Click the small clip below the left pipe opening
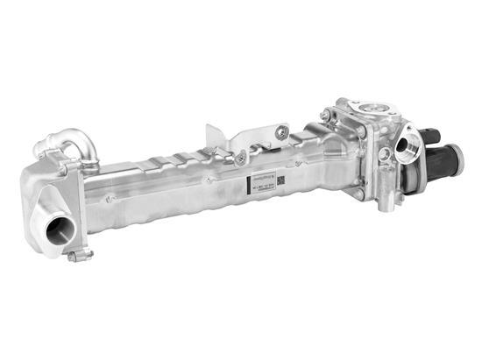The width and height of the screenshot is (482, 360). pos(79,256)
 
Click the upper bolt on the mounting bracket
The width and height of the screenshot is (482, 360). pos(280,132)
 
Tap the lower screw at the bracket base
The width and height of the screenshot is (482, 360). pos(238,159)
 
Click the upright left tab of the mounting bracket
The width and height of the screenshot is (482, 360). pos(213,139)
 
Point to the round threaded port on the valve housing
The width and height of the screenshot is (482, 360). pos(408,145)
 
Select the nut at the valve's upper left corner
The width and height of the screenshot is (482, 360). pos(325,116)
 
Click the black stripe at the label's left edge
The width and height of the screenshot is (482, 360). pos(242,193)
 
